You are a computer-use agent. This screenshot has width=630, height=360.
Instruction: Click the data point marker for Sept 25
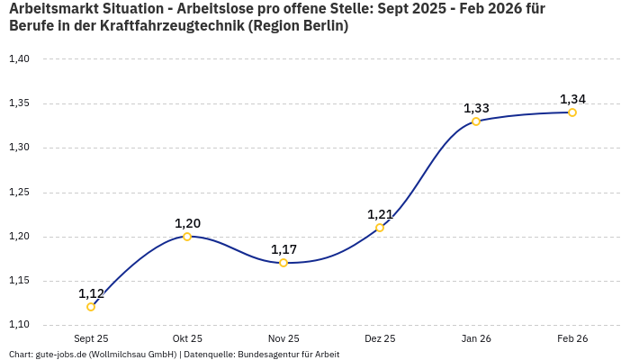coord(91,307)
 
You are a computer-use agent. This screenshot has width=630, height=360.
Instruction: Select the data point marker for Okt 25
coord(187,237)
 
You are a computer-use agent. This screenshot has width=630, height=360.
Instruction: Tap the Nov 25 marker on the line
coord(283,263)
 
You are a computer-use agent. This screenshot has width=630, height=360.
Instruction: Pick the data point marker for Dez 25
coord(380,228)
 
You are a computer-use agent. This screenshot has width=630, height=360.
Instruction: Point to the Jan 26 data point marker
coord(476,121)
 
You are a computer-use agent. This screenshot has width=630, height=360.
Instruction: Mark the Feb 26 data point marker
coord(572,112)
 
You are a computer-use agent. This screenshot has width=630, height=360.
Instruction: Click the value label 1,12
coord(91,293)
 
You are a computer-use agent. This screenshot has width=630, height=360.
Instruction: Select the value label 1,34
coord(572,99)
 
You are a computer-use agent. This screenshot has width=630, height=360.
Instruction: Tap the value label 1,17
coord(283,249)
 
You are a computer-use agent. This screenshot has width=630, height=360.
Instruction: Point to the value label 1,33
coord(476,108)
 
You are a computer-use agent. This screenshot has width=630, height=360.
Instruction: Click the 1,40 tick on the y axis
coord(19,59)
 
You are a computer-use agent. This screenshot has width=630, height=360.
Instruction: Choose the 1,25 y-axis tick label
coord(19,193)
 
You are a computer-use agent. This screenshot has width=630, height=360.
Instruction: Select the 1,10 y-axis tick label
coord(19,325)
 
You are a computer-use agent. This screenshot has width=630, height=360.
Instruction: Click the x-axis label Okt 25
coord(187,339)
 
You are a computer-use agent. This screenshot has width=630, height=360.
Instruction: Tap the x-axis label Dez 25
coord(380,339)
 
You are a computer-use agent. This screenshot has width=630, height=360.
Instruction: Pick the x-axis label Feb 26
coord(572,339)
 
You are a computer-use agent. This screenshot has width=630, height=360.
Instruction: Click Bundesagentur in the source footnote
coord(265,355)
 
